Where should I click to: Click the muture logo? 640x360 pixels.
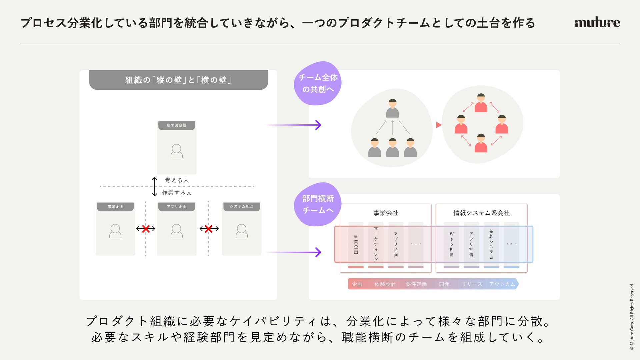597,22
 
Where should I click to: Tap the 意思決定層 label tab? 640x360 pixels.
177,125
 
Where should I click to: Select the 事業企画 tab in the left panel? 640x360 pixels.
115,207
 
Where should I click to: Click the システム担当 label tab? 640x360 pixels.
242,207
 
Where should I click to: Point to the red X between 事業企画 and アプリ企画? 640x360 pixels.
146,229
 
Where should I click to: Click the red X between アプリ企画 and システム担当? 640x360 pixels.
209,229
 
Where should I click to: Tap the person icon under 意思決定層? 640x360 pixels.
177,151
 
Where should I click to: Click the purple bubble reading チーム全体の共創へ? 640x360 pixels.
318,83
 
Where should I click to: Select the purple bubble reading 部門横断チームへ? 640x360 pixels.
318,204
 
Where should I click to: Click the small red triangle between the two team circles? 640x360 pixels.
439,125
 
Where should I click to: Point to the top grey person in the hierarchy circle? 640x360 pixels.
393,108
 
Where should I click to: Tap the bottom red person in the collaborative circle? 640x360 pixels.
481,143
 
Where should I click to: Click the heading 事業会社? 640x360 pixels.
386,213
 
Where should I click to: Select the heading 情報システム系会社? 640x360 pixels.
481,213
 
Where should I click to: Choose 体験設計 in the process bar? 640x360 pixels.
385,284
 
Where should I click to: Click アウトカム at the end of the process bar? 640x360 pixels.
502,284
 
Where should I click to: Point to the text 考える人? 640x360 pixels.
177,180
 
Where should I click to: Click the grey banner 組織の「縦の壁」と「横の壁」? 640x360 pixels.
179,80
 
